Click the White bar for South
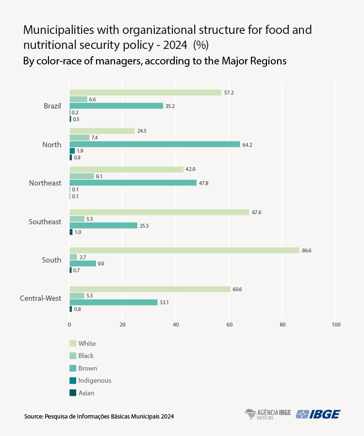pyautogui.click(x=184, y=250)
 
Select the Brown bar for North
pyautogui.click(x=155, y=144)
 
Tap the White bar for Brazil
pyautogui.click(x=145, y=93)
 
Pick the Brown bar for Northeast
pyautogui.click(x=133, y=183)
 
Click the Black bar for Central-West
pyautogui.click(x=77, y=296)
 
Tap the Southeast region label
pyautogui.click(x=45, y=221)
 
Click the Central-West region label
pyautogui.click(x=40, y=298)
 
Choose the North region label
pyautogui.click(x=52, y=144)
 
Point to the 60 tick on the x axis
pyautogui.click(x=229, y=324)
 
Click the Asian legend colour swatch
pyautogui.click(x=73, y=393)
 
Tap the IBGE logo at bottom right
pyautogui.click(x=318, y=414)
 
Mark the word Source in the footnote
pyautogui.click(x=33, y=416)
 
